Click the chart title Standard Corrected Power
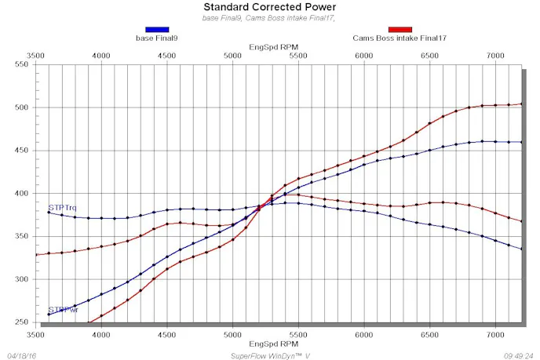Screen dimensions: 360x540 pyautogui.click(x=270, y=7)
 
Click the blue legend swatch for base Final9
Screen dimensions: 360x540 pyautogui.click(x=156, y=30)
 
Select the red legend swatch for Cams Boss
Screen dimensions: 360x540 pyautogui.click(x=400, y=30)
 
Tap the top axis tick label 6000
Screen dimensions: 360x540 pyautogui.click(x=363, y=56)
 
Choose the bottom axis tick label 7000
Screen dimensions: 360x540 pyautogui.click(x=494, y=334)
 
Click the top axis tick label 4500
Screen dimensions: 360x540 pyautogui.click(x=166, y=56)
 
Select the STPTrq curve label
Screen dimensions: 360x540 pyautogui.click(x=62, y=208)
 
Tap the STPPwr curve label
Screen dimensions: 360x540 pyautogui.click(x=62, y=310)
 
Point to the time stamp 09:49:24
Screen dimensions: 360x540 pyautogui.click(x=519, y=355)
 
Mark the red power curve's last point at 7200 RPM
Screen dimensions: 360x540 pyautogui.click(x=521, y=104)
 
